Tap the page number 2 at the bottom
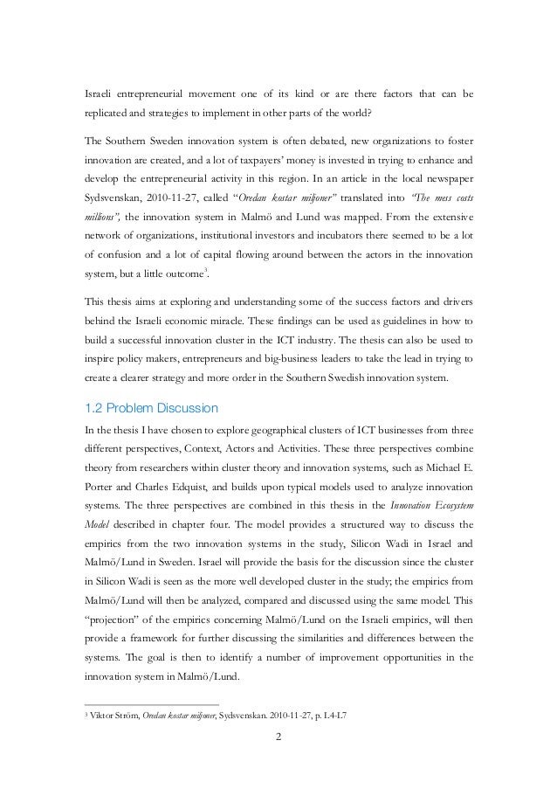278,744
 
